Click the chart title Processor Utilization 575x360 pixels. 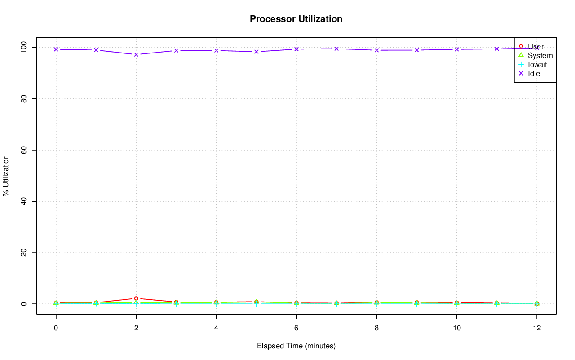point(296,19)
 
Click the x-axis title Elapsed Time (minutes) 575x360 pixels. point(296,346)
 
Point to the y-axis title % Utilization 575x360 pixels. point(6,175)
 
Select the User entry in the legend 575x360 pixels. point(535,46)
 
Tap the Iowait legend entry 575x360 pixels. point(537,64)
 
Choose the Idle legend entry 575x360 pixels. point(534,73)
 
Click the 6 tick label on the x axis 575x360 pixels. point(296,329)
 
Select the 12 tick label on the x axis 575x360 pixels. point(536,329)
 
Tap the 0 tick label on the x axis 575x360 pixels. point(56,329)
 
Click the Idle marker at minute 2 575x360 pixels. point(136,54)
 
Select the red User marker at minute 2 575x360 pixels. point(136,298)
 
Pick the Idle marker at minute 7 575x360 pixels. point(336,49)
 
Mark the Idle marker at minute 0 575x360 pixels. point(56,49)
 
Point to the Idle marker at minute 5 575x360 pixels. point(256,52)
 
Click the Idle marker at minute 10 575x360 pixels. point(456,49)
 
